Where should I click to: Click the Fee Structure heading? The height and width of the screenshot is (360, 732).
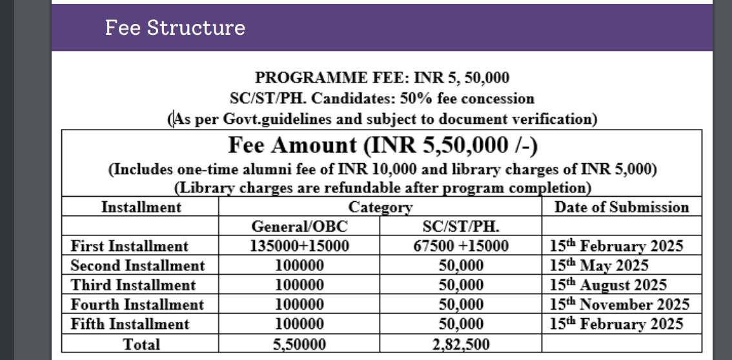(175, 28)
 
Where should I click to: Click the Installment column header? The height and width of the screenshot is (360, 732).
(141, 207)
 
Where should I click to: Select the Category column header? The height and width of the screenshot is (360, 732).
(380, 207)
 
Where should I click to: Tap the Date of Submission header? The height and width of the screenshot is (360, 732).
(622, 207)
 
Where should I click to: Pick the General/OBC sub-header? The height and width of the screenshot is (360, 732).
(299, 226)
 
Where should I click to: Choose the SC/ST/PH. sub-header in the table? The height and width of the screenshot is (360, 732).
(460, 226)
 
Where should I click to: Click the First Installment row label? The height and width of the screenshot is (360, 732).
(130, 246)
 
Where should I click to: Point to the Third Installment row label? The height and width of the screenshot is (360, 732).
(133, 285)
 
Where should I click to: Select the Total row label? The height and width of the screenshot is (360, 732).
(141, 344)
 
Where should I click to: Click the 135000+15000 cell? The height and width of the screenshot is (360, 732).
(299, 246)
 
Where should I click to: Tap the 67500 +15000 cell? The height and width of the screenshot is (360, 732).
(460, 246)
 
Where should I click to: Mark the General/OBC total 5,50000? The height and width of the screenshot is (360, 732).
(299, 344)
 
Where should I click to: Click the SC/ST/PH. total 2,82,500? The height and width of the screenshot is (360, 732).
(460, 344)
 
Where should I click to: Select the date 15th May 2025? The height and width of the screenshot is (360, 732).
(599, 265)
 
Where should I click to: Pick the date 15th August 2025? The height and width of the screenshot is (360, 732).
(608, 285)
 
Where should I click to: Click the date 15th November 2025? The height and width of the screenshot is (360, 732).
(620, 305)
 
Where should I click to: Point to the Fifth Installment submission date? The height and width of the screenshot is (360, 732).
(616, 324)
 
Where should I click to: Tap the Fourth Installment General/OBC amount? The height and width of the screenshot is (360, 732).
(299, 305)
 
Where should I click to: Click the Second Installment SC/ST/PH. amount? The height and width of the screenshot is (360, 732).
(460, 265)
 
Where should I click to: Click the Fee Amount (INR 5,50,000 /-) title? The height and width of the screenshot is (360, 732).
(382, 145)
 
